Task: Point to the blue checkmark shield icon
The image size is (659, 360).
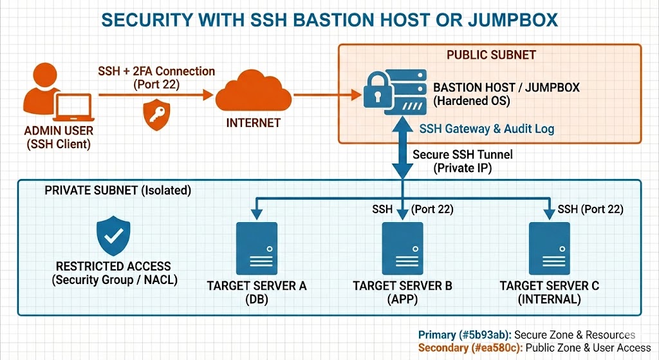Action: coord(113,236)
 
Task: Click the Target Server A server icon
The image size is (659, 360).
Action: coord(257,249)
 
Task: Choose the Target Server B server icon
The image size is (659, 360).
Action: coord(403,249)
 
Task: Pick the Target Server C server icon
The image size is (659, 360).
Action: coord(549,249)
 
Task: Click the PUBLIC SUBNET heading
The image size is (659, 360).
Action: coord(491,55)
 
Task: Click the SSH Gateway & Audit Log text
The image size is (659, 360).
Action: coord(487,129)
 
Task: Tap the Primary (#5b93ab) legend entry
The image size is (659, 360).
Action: coord(526,335)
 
